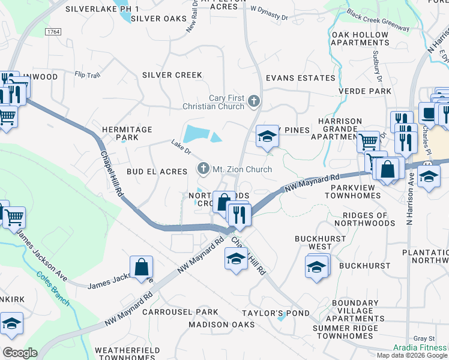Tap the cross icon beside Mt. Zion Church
(x=203, y=169)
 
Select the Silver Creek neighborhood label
(x=172, y=75)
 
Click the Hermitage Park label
(x=127, y=133)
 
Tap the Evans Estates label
(x=300, y=78)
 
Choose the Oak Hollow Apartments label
(x=360, y=38)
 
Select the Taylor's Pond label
(x=276, y=313)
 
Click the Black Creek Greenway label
(x=378, y=20)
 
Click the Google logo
(x=19, y=353)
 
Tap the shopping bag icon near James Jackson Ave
(x=141, y=268)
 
